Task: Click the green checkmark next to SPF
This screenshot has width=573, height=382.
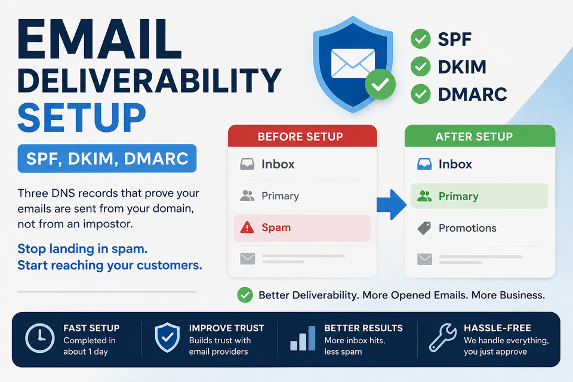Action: pyautogui.click(x=421, y=39)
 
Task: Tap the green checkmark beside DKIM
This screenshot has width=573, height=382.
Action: pyautogui.click(x=421, y=66)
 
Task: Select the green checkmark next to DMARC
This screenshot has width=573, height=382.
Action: pyautogui.click(x=421, y=94)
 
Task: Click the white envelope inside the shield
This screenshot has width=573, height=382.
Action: pyautogui.click(x=353, y=63)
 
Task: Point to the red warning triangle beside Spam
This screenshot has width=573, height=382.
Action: pyautogui.click(x=247, y=227)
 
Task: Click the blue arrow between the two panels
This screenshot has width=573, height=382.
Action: pyautogui.click(x=392, y=204)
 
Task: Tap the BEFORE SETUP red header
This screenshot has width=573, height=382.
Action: pyautogui.click(x=302, y=136)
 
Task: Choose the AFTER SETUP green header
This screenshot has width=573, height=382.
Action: pyautogui.click(x=480, y=136)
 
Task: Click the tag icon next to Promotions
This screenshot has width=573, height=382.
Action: pyautogui.click(x=424, y=228)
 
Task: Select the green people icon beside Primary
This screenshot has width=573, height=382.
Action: pyautogui.click(x=424, y=196)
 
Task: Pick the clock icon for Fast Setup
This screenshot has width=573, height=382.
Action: pyautogui.click(x=40, y=338)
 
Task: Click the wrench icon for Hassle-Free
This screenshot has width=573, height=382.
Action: pyautogui.click(x=442, y=337)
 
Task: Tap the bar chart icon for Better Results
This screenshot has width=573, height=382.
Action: pyautogui.click(x=303, y=338)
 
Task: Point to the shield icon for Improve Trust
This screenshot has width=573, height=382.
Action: pyautogui.click(x=167, y=337)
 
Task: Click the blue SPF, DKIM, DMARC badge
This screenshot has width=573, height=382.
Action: pyautogui.click(x=107, y=158)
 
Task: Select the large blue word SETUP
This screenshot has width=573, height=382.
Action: pyautogui.click(x=82, y=118)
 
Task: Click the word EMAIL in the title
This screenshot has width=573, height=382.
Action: pyautogui.click(x=100, y=39)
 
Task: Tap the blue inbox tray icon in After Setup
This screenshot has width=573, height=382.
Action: pyautogui.click(x=424, y=164)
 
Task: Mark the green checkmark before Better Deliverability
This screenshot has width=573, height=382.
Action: pyautogui.click(x=245, y=295)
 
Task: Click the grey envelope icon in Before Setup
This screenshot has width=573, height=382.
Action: pyautogui.click(x=247, y=259)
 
